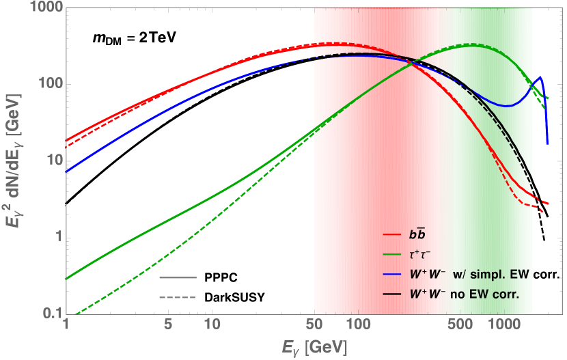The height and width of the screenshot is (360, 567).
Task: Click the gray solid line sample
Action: (178, 277)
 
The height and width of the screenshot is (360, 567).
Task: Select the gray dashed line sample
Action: (178, 298)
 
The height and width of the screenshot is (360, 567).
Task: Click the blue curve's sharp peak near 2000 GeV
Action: (540, 77)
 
